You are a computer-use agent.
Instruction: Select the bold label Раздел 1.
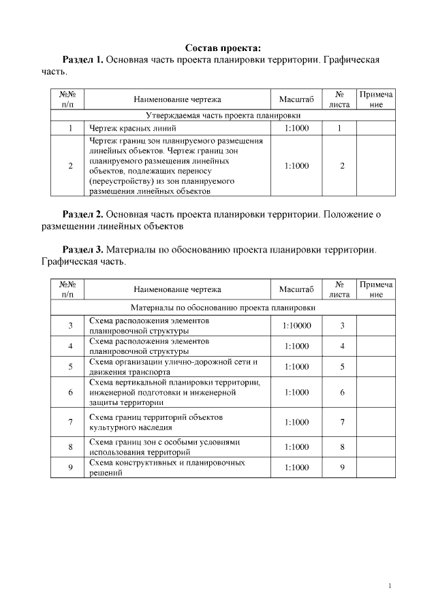(x=82, y=60)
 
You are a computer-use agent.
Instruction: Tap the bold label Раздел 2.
(x=82, y=214)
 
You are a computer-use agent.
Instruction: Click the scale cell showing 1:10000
(x=296, y=325)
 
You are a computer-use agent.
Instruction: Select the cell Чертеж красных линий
(x=132, y=128)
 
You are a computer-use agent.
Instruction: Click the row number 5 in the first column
(x=70, y=367)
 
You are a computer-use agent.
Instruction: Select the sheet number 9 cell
(x=342, y=468)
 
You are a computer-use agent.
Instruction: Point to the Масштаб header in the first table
(x=296, y=99)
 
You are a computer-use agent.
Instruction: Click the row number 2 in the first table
(x=70, y=165)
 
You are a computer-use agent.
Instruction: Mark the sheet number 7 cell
(x=342, y=422)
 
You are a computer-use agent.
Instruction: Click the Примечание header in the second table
(x=375, y=289)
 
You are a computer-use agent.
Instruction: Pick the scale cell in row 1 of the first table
(x=296, y=128)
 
